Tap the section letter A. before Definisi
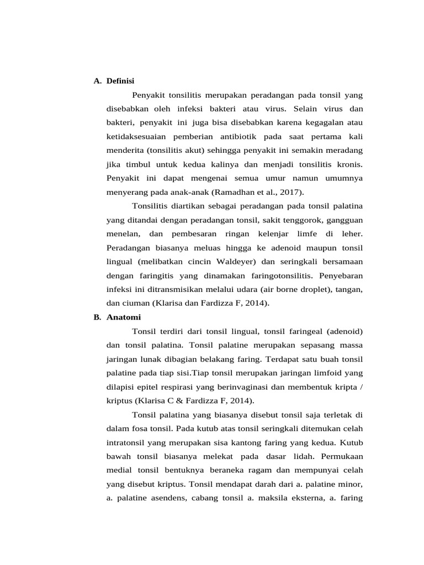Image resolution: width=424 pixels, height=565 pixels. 98,81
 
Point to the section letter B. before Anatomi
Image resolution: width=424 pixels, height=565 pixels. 98,317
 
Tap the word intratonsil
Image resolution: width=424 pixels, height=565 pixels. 128,443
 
